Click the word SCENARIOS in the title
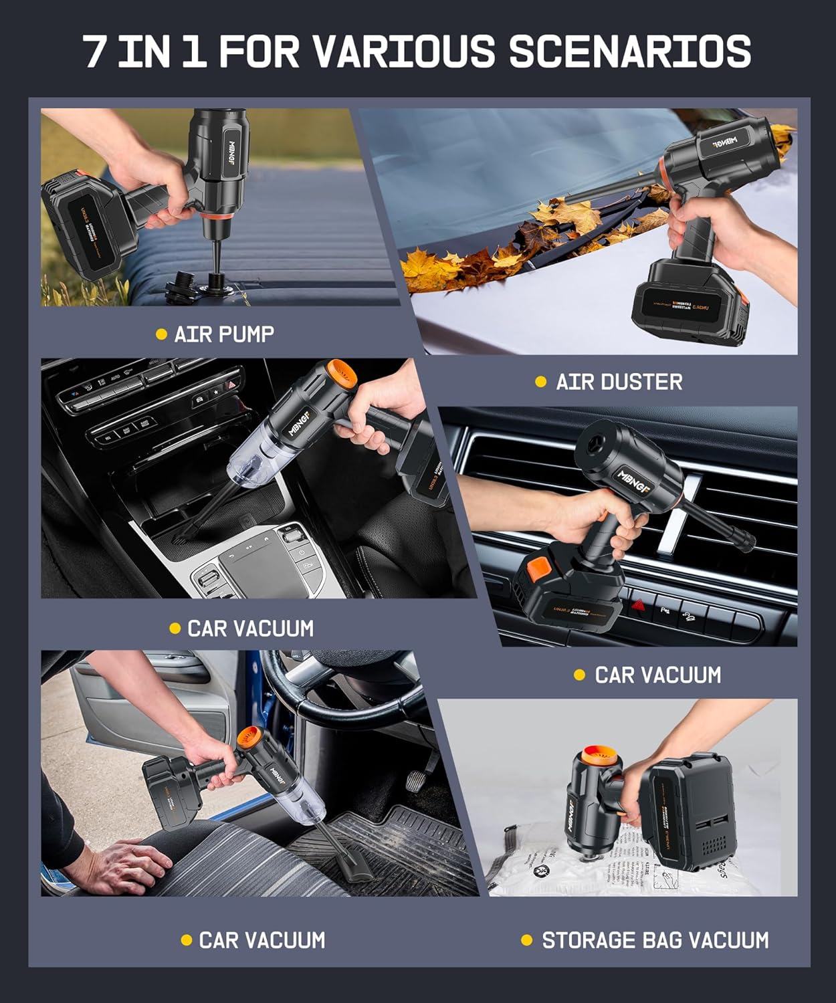pyautogui.click(x=629, y=51)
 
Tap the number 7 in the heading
pyautogui.click(x=96, y=51)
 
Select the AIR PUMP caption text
pyautogui.click(x=224, y=334)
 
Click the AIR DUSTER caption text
pyautogui.click(x=619, y=382)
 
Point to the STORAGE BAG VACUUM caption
pyautogui.click(x=655, y=940)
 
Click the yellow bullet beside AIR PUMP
pyautogui.click(x=161, y=334)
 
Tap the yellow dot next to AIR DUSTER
pyautogui.click(x=541, y=382)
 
